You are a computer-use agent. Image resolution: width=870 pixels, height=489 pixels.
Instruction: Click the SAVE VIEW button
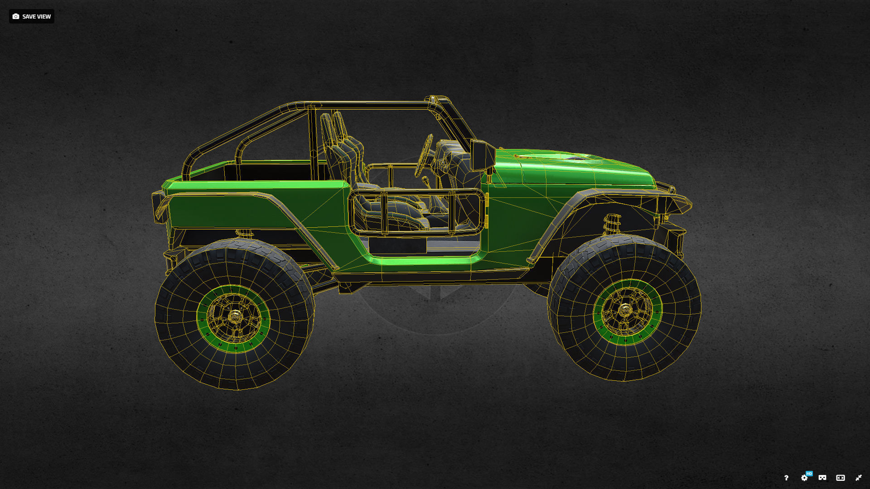click(x=32, y=16)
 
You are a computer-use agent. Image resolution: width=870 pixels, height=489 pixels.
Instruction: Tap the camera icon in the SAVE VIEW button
click(x=16, y=16)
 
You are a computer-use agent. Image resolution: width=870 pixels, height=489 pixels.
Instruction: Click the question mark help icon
click(x=786, y=478)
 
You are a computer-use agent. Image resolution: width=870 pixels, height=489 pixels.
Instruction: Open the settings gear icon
click(x=804, y=478)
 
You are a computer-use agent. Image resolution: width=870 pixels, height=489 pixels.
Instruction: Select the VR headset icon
click(x=822, y=478)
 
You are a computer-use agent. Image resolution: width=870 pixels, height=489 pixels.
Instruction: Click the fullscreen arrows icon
click(x=859, y=478)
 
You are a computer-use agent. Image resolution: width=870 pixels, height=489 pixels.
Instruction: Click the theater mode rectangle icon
click(x=841, y=478)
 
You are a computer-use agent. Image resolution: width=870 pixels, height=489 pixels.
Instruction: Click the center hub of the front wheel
click(x=625, y=311)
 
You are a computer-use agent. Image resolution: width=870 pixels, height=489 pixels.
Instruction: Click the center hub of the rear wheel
click(x=234, y=316)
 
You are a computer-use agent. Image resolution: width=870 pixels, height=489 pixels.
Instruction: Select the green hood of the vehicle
click(x=571, y=168)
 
